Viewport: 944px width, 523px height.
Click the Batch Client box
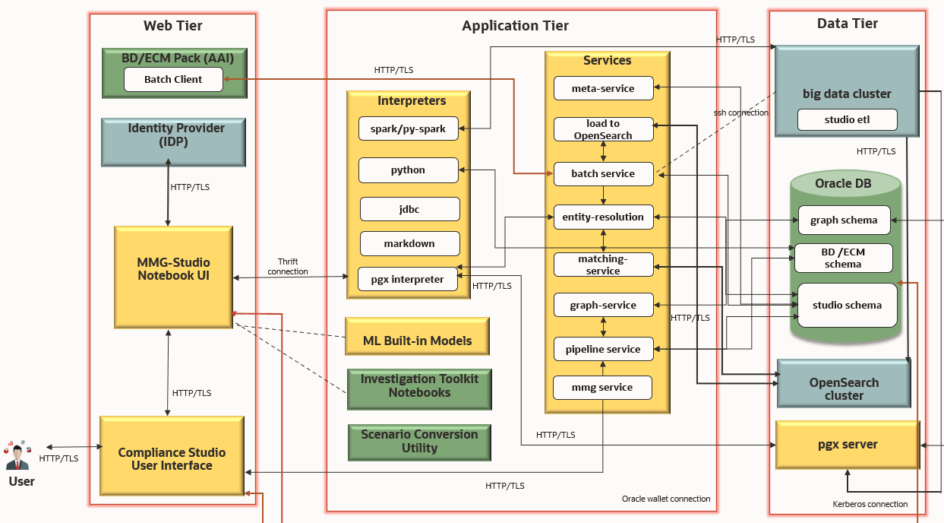click(x=173, y=79)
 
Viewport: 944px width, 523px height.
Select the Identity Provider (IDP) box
click(x=174, y=142)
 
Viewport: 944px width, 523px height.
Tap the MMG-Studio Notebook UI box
click(x=173, y=277)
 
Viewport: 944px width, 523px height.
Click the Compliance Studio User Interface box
click(x=172, y=458)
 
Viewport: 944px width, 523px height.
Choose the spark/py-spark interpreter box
click(x=408, y=129)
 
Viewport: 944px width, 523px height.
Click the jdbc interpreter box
click(x=410, y=209)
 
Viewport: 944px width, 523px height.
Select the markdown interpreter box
click(x=410, y=243)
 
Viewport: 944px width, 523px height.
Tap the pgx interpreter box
click(x=407, y=279)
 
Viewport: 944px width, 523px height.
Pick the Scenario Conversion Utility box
click(x=419, y=442)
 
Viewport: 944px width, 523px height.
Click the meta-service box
click(x=603, y=88)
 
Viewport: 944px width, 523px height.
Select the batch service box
click(x=603, y=173)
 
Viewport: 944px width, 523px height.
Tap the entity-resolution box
click(x=603, y=217)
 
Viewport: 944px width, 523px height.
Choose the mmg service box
click(x=603, y=388)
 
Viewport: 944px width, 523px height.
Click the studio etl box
click(x=847, y=119)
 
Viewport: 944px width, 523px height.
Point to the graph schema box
click(x=843, y=220)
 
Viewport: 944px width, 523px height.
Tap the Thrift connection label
click(x=288, y=266)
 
